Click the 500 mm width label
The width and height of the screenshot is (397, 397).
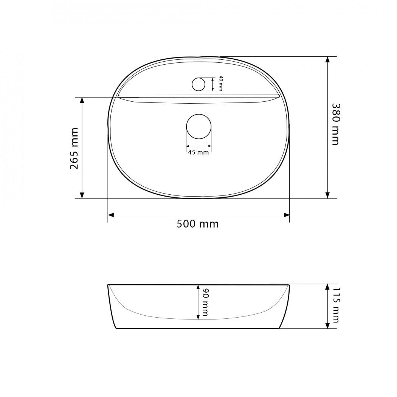(197, 224)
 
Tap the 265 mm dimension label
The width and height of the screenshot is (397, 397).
(74, 148)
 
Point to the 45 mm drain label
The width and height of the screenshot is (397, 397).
(198, 152)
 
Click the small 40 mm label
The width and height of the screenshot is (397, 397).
(220, 83)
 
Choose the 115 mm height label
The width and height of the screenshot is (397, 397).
(336, 305)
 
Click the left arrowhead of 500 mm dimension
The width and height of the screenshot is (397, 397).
(111, 215)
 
